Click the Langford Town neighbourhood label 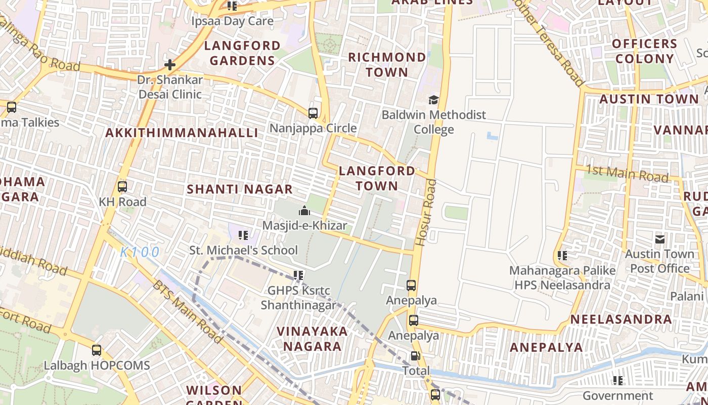point(377,178)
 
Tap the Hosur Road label point(425,213)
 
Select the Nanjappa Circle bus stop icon point(313,113)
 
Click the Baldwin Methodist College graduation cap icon point(433,100)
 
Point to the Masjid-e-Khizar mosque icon point(304,211)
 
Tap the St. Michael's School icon point(243,235)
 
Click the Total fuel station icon point(415,356)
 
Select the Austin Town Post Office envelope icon point(660,239)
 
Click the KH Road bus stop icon point(122,187)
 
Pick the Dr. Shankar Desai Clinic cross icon point(170,65)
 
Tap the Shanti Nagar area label point(240,189)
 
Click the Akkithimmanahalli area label point(182,133)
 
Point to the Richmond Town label point(387,64)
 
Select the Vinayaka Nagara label point(312,339)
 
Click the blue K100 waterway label point(140,252)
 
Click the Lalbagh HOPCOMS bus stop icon point(97,350)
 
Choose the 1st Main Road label point(627,174)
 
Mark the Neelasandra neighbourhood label point(621,319)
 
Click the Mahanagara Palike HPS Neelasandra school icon point(562,256)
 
